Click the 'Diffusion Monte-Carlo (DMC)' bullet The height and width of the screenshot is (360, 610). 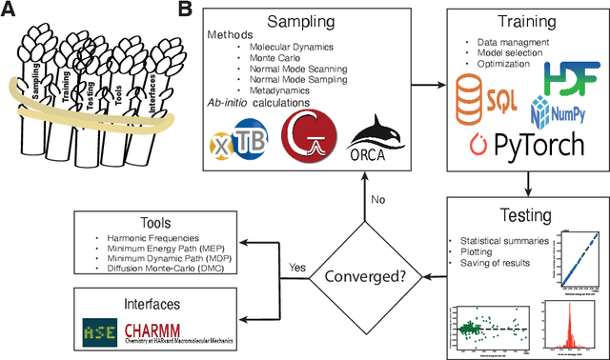click(163, 270)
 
